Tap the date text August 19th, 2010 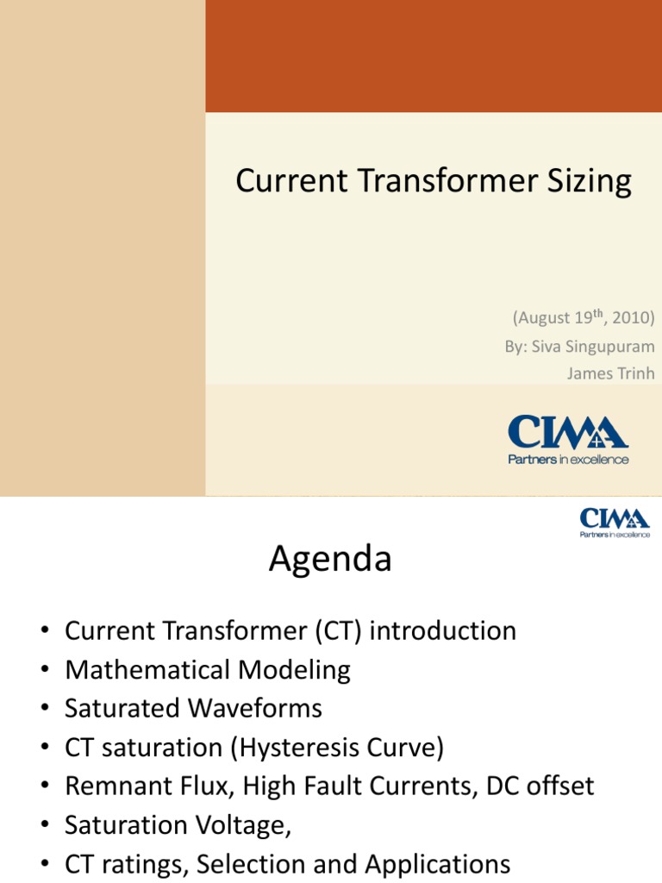point(584,318)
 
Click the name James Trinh point(610,373)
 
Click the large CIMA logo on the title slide point(567,432)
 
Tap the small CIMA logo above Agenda point(614,518)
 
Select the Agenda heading point(330,560)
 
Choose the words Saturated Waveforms point(193,709)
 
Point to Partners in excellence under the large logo point(567,460)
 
